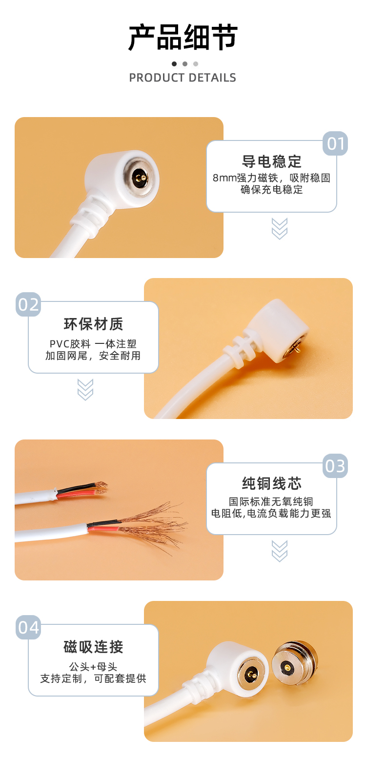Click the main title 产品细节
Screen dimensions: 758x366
[x=183, y=38]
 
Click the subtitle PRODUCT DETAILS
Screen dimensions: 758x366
[x=183, y=78]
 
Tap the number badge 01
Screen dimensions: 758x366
[x=335, y=144]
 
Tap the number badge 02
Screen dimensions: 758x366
[x=28, y=304]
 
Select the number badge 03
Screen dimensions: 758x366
[x=335, y=466]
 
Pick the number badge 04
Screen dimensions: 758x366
[x=28, y=627]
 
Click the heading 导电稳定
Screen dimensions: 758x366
[x=272, y=161]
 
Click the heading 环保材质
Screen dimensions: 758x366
[x=94, y=324]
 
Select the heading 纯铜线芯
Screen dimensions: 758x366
[x=272, y=484]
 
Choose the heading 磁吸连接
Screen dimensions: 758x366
[x=94, y=647]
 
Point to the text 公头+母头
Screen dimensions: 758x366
[x=93, y=666]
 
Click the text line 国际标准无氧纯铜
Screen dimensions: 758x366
[x=271, y=501]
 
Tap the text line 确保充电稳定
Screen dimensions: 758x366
[x=272, y=190]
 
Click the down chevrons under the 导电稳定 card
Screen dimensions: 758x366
[x=280, y=229]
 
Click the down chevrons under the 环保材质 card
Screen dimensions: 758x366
[x=85, y=390]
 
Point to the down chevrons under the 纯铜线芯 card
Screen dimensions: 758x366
[x=280, y=551]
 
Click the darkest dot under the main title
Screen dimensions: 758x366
[x=174, y=64]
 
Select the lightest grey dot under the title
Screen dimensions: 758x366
[x=196, y=64]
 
